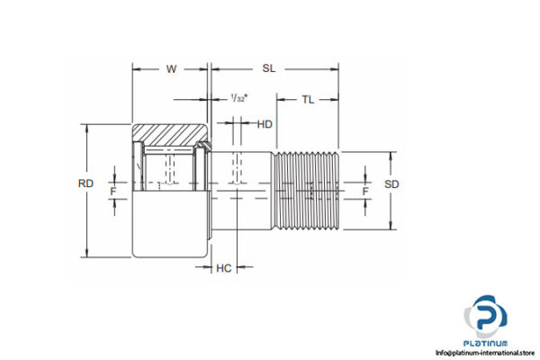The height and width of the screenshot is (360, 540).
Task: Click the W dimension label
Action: click(171, 68)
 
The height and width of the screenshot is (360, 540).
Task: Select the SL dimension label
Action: click(269, 68)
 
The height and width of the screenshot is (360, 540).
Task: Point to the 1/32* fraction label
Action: click(239, 97)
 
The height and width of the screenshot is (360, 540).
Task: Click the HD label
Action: click(265, 124)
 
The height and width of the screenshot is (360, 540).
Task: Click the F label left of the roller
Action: click(113, 191)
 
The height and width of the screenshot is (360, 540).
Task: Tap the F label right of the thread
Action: click(364, 191)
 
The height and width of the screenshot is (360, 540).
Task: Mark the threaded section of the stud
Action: click(307, 191)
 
